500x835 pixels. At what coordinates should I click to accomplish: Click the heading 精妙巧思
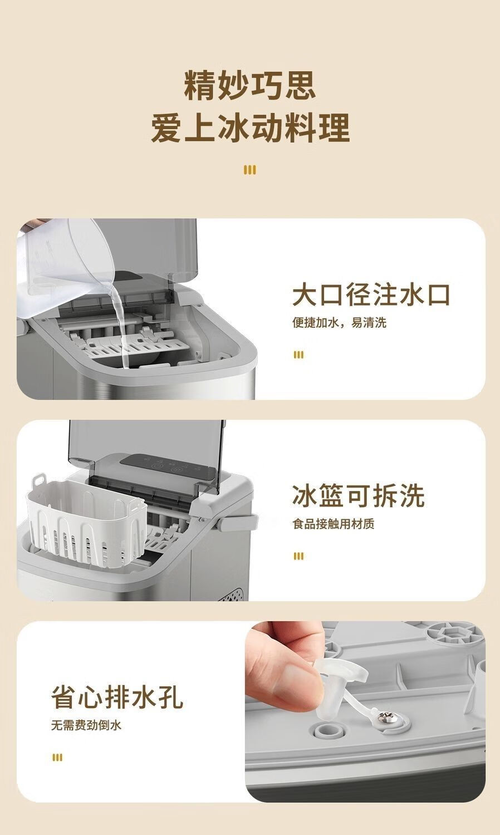(x=250, y=86)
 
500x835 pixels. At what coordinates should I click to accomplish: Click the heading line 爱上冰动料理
(x=250, y=128)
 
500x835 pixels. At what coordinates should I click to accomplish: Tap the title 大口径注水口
(x=371, y=295)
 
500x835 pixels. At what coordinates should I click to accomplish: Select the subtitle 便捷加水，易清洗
(x=339, y=322)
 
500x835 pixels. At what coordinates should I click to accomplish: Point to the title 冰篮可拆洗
(x=359, y=496)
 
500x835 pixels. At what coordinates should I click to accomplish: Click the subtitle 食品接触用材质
(x=334, y=524)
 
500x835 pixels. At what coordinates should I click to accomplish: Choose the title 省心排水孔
(x=117, y=697)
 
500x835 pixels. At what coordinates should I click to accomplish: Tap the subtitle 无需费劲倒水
(x=86, y=725)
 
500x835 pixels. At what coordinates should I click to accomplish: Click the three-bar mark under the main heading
(x=250, y=170)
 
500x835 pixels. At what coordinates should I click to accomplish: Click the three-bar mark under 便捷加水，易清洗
(x=298, y=355)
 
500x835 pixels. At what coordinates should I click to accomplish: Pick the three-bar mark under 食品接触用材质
(x=298, y=556)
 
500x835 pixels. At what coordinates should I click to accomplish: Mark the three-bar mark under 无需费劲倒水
(x=57, y=758)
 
